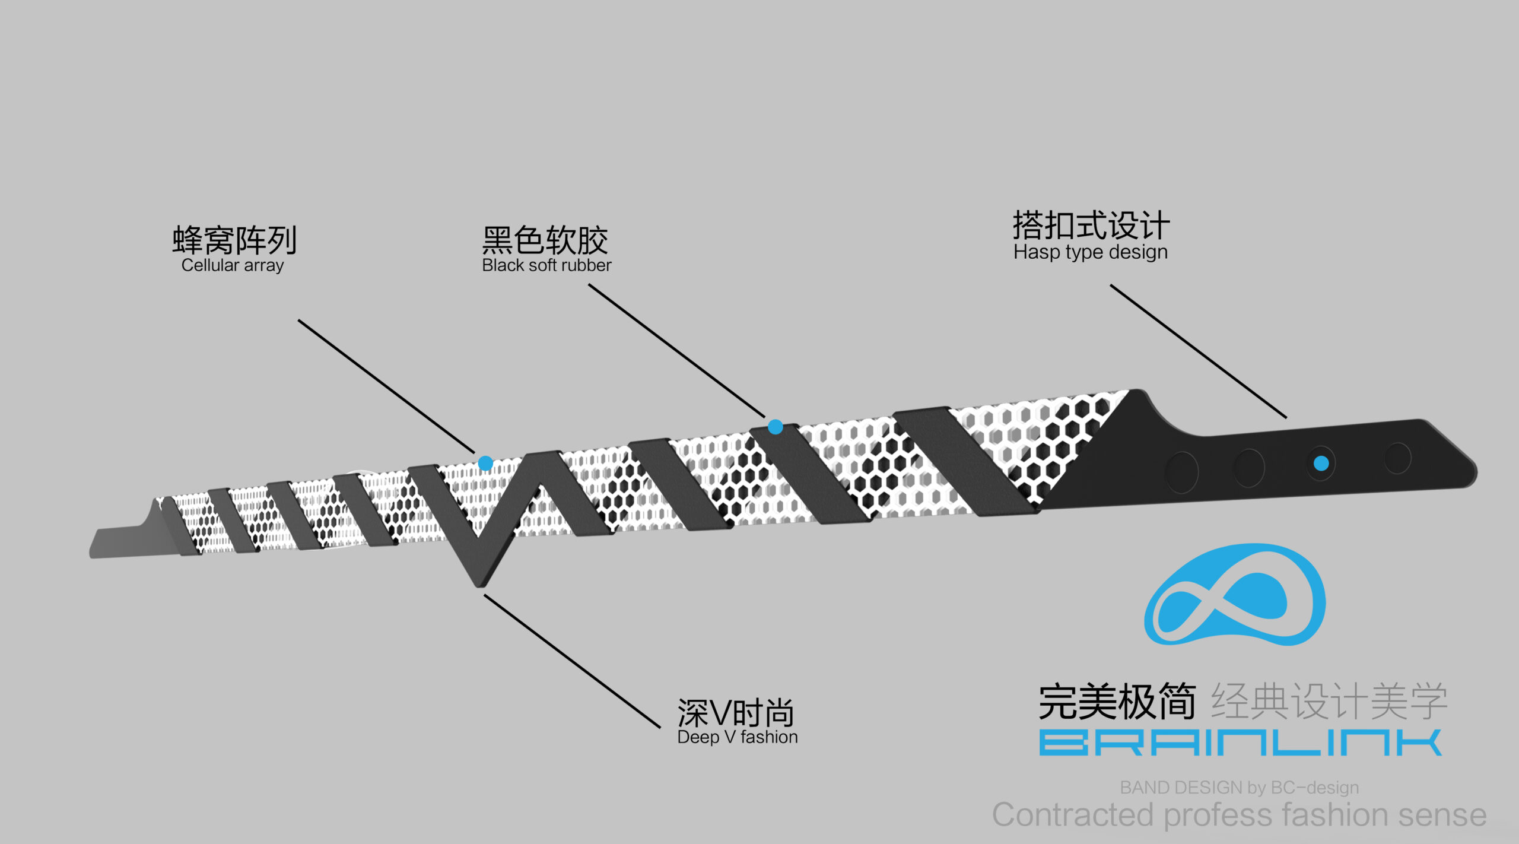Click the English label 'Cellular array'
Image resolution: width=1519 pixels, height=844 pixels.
coord(233,265)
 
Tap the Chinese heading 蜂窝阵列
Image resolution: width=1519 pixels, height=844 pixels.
coord(234,240)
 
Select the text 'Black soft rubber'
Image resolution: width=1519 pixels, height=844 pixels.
coord(546,265)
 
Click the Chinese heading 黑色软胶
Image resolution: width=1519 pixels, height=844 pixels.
coord(545,240)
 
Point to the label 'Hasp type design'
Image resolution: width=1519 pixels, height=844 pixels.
coord(1091,252)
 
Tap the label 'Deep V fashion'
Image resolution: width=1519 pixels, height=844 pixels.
coord(738,737)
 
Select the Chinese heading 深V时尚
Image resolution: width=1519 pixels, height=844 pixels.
coord(736,712)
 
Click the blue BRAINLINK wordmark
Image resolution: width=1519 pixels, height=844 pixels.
coord(1240,743)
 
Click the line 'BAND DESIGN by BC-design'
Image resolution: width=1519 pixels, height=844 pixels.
coord(1240,787)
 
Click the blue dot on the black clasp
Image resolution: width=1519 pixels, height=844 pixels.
coord(1321,463)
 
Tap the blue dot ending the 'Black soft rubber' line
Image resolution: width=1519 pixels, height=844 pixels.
coord(776,427)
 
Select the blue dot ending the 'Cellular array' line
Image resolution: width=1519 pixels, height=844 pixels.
coord(485,463)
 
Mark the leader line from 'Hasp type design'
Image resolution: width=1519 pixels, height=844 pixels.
coord(1199,351)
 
